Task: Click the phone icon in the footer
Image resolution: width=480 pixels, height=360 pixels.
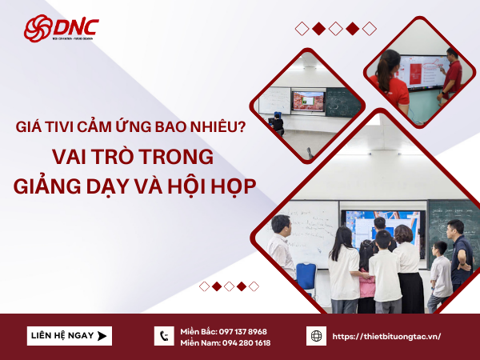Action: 164,336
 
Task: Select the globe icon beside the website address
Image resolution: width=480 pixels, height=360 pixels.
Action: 316,336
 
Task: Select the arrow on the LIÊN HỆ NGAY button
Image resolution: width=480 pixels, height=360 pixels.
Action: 102,336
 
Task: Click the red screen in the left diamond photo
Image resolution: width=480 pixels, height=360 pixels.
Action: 309,101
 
